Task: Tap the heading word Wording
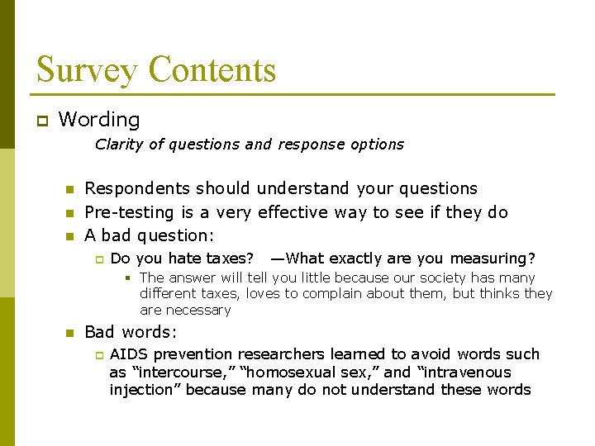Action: point(99,120)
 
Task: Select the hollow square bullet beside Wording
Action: point(40,121)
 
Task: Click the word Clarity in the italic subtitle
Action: point(119,145)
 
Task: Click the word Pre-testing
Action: point(126,212)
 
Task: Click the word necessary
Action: point(198,311)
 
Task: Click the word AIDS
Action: point(128,354)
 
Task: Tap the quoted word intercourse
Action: point(177,372)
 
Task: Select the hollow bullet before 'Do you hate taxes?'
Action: point(98,259)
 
